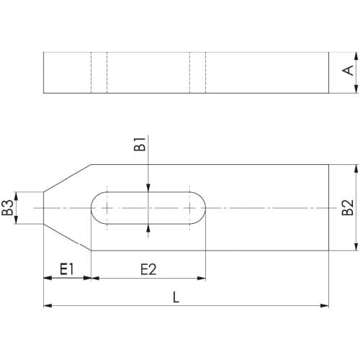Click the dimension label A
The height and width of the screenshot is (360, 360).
click(347, 71)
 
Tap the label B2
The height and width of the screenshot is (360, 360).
click(347, 207)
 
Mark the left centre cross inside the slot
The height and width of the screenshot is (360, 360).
click(107, 208)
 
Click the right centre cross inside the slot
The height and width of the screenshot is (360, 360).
click(191, 208)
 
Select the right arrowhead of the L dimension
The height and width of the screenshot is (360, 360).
click(325, 306)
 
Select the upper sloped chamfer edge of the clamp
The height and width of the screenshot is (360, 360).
click(67, 178)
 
